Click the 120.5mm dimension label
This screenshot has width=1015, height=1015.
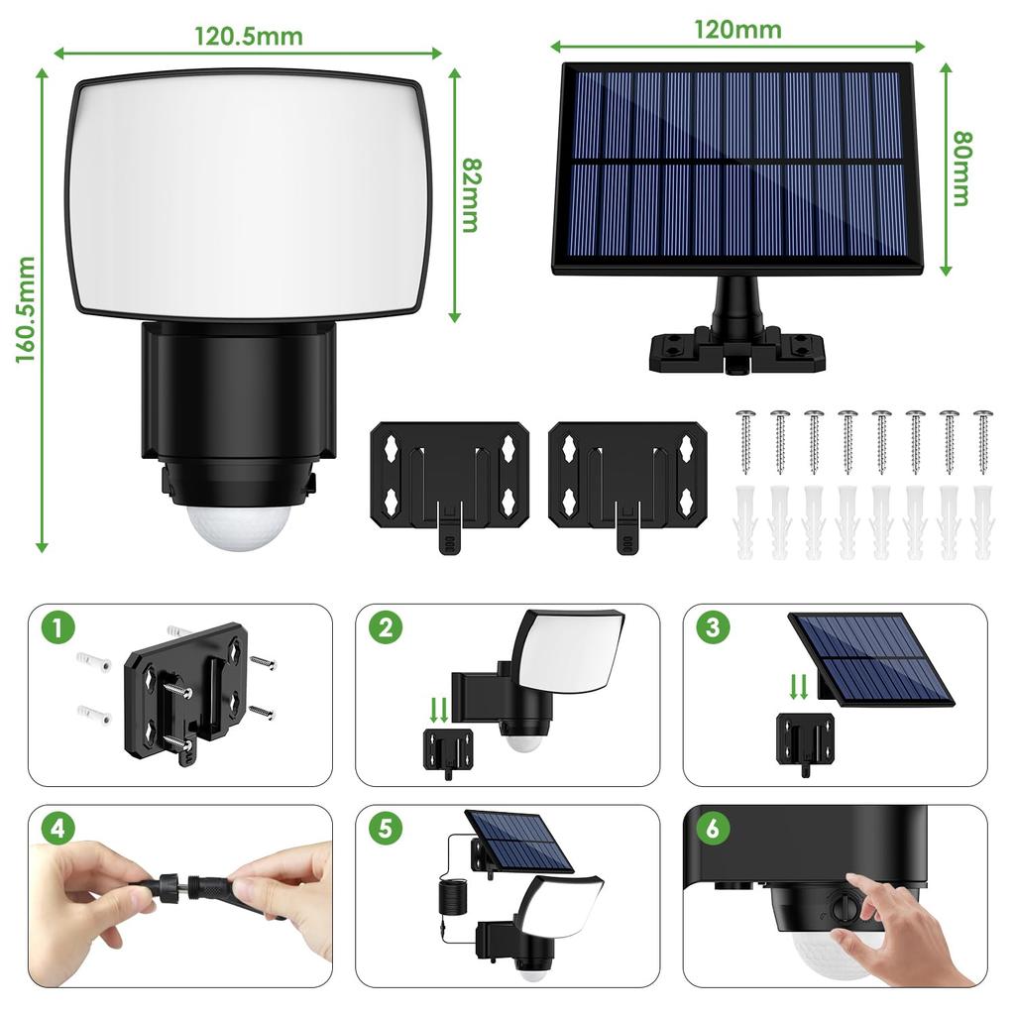coord(248,37)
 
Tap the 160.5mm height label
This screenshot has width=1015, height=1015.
coord(26,309)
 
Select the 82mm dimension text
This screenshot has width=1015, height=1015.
coord(469,194)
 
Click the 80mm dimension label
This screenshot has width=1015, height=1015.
coord(959,169)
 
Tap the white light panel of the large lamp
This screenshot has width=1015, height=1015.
coord(248,194)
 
